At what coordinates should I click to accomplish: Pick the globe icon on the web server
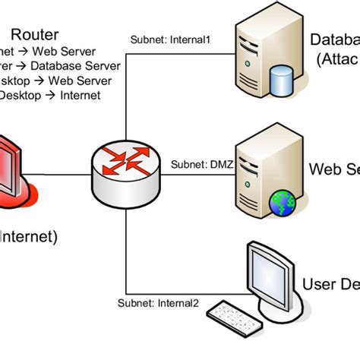282,202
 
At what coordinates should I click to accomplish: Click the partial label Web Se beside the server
334,169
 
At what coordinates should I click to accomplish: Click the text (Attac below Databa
334,59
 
